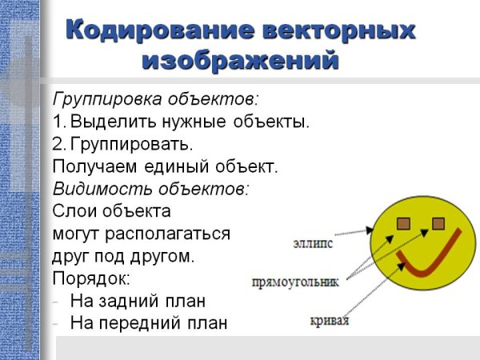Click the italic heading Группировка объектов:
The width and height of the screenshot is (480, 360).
coord(155,100)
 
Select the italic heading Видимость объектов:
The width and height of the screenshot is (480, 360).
coord(150,190)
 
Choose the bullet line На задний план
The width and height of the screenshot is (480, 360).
coord(138,302)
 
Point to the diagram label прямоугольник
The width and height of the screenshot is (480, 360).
coord(295,282)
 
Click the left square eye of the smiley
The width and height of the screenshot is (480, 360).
coord(405,222)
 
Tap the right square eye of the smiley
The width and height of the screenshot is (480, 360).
coord(438,222)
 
